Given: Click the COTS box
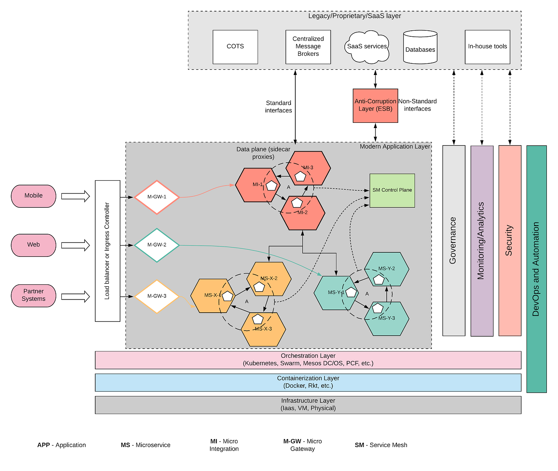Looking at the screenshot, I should coord(235,47).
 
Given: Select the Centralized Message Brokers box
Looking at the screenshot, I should coord(308,47).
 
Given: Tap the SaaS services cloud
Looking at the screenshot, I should coord(367,47).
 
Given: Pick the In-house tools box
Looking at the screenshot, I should coord(487,47).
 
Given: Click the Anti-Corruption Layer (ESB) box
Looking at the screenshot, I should coord(375,105).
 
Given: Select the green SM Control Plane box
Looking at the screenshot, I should coord(392,190).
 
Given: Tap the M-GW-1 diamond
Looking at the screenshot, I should coord(157,197).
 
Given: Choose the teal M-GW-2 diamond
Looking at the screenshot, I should coord(157,245).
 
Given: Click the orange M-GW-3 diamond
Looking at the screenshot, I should coord(157,296).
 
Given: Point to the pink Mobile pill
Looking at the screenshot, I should coord(33,196).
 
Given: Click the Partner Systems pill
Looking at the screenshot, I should coord(33,296).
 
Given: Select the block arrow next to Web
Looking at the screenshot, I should coord(75,245).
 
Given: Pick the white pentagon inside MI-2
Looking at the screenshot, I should coord(297,203).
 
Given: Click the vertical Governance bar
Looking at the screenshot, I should coord(454,240).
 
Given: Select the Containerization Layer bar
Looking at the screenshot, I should coord(308,382).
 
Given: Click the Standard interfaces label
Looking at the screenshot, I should coord(278,107).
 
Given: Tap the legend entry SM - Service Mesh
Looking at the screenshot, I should coord(381,445).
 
